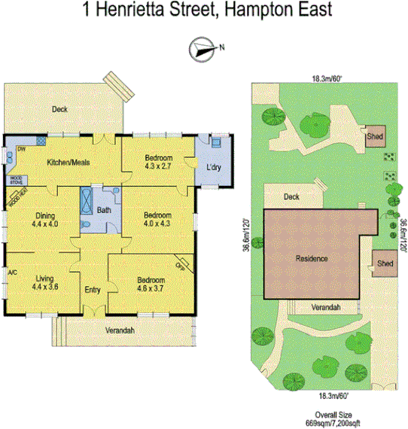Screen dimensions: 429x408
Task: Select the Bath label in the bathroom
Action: point(104,211)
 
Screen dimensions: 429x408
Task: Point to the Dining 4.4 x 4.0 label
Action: point(46,219)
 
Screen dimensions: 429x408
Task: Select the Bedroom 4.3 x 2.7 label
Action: point(159,162)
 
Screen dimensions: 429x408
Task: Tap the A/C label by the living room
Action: point(11,272)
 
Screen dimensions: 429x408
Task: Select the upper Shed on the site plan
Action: point(375,138)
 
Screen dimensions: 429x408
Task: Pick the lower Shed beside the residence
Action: point(385,263)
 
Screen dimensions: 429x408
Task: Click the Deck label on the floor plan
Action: point(59,110)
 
